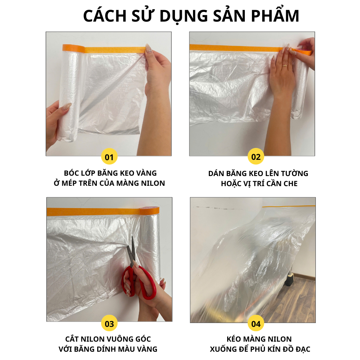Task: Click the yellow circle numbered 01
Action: click(x=109, y=157)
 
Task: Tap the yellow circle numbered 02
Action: click(x=256, y=157)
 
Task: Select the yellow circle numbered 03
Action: click(x=109, y=324)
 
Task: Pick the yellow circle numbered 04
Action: click(x=256, y=324)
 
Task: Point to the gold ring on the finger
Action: click(x=285, y=66)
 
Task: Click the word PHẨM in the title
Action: click(x=275, y=16)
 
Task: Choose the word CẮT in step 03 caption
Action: click(x=72, y=339)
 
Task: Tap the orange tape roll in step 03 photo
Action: click(x=150, y=211)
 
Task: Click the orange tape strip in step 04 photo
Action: click(x=289, y=206)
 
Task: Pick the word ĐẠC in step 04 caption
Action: click(x=302, y=349)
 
